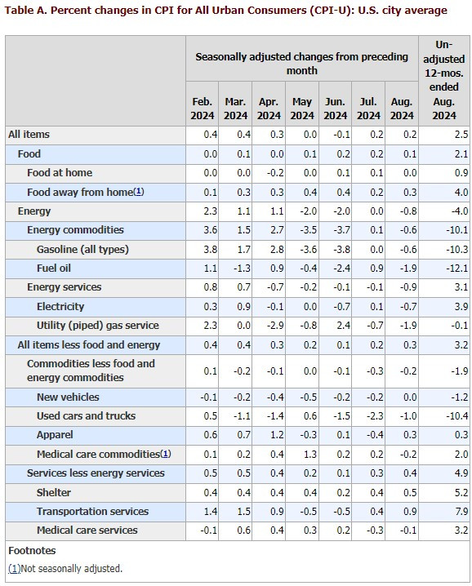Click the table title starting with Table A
226,11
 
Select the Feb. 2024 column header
202,109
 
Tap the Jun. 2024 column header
335,109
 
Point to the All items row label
29,135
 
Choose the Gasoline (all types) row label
82,249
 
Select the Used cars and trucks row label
86,416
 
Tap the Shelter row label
53,493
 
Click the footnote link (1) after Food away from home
138,193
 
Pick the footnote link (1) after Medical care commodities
166,455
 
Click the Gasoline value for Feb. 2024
209,249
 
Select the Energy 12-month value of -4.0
459,211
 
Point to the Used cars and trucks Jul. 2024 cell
374,416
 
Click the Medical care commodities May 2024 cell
307,455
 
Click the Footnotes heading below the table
32,551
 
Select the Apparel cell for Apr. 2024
274,435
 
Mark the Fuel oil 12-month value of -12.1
456,269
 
